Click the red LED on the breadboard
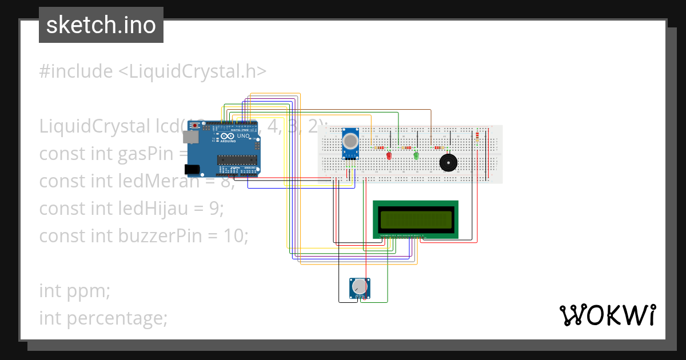pyautogui.click(x=389, y=155)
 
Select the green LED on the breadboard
pyautogui.click(x=416, y=155)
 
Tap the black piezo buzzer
pyautogui.click(x=448, y=162)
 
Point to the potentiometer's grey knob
pyautogui.click(x=359, y=286)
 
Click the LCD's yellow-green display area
pyautogui.click(x=416, y=219)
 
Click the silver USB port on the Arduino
pyautogui.click(x=189, y=137)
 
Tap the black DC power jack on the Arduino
pyautogui.click(x=192, y=169)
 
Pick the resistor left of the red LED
pyautogui.click(x=378, y=148)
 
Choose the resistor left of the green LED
pyautogui.click(x=406, y=148)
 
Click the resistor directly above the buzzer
pyautogui.click(x=439, y=148)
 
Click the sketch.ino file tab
pyautogui.click(x=101, y=25)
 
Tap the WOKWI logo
pyautogui.click(x=607, y=315)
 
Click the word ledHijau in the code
pyautogui.click(x=158, y=209)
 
